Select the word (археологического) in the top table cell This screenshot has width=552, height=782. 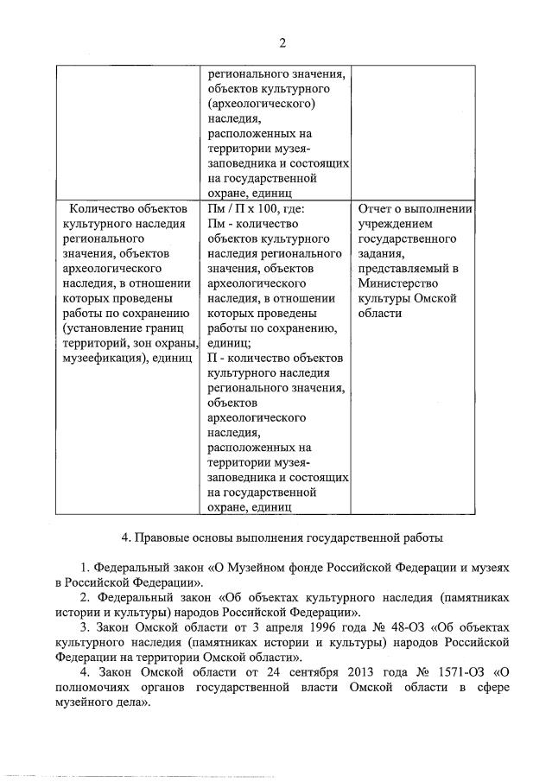(x=260, y=104)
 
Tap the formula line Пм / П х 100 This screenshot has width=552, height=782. (x=257, y=207)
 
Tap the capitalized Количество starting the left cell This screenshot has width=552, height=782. (x=101, y=207)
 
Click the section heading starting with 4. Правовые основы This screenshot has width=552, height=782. (x=282, y=537)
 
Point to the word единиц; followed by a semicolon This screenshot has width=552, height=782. (x=230, y=342)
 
